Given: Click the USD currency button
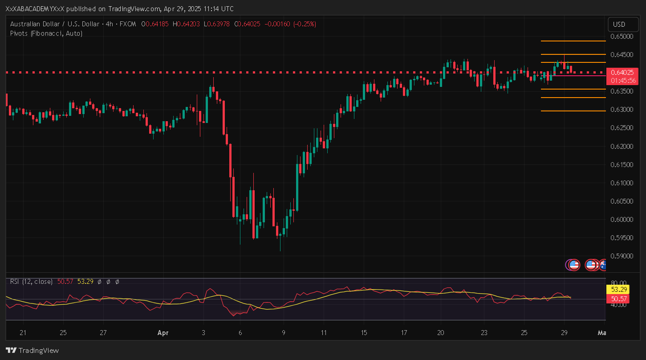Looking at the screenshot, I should (x=619, y=24).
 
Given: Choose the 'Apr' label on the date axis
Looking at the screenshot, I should (x=163, y=332).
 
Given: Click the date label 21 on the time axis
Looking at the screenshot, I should (x=23, y=332).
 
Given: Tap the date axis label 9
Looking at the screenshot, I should (x=283, y=332).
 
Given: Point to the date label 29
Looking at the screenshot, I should (x=564, y=332).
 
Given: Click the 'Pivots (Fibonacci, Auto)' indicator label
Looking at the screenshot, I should (x=46, y=33).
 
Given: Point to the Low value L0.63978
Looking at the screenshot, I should (x=216, y=24).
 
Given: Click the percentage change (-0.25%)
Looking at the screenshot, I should (x=305, y=24).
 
